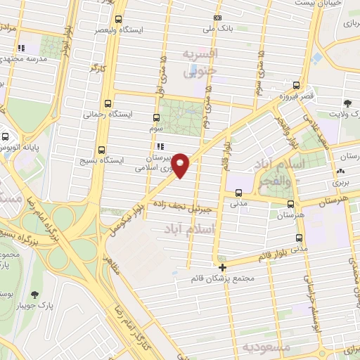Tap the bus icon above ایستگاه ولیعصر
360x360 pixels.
point(117,19)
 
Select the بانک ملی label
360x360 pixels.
point(218,30)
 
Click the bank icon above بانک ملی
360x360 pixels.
point(218,18)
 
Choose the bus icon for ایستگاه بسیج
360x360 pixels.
point(103,149)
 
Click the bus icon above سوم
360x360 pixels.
point(157,119)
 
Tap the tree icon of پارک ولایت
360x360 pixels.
point(347,103)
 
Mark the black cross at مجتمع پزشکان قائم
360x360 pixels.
point(222,267)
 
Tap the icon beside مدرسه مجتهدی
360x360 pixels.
point(22,48)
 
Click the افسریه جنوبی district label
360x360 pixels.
point(200,62)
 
